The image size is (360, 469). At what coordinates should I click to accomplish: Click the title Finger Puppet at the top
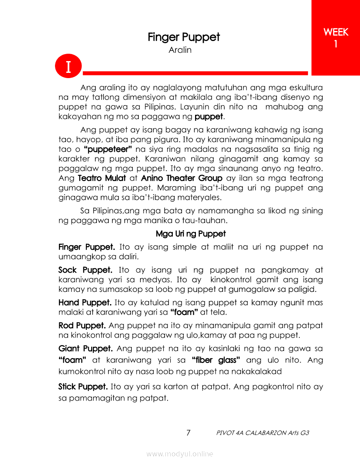click(x=184, y=37)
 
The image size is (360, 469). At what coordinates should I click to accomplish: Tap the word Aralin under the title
click(x=180, y=50)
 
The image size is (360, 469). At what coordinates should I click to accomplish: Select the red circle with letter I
click(x=69, y=67)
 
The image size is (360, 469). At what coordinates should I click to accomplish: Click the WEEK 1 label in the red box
click(x=336, y=38)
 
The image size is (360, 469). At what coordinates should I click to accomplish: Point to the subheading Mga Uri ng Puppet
click(x=191, y=234)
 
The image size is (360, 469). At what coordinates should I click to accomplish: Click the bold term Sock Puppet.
click(x=86, y=270)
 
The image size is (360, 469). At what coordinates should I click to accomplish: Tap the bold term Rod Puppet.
click(x=82, y=325)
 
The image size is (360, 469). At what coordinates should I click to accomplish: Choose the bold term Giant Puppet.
click(x=86, y=349)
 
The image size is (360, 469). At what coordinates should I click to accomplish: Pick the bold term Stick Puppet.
click(x=83, y=387)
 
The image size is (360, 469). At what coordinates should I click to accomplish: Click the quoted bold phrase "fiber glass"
click(x=216, y=360)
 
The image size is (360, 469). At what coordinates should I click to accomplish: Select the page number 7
click(x=188, y=433)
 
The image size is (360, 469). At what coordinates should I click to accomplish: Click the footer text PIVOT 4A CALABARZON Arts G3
click(x=263, y=433)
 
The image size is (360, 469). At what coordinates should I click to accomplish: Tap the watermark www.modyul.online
click(x=180, y=454)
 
